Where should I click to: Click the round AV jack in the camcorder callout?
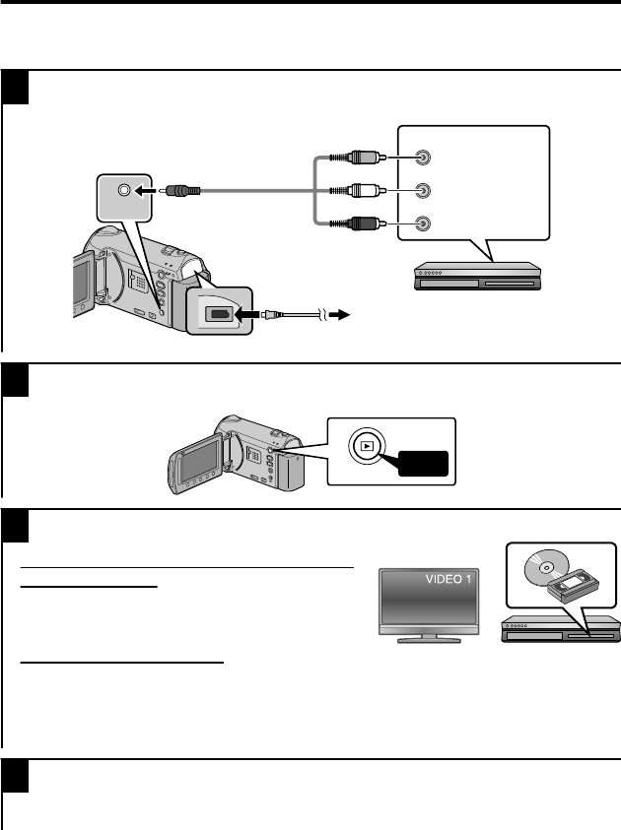[123, 190]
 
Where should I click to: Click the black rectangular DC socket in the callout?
[217, 316]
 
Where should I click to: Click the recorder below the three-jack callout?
[477, 275]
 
